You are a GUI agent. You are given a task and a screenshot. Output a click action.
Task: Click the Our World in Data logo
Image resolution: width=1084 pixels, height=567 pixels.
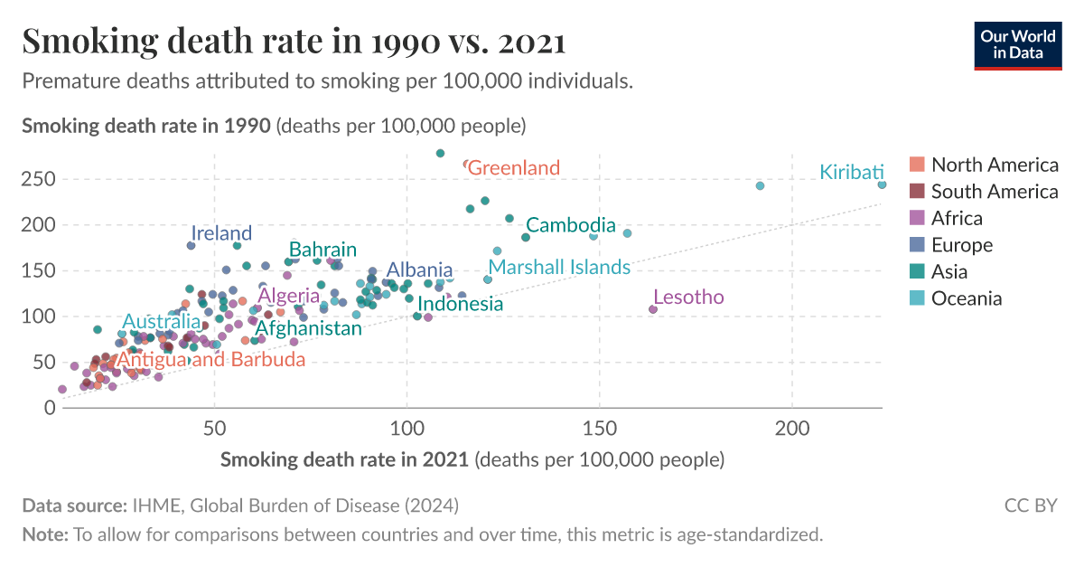[1018, 43]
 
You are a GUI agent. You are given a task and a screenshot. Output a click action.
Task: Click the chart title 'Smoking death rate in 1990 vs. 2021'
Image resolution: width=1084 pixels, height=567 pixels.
[294, 42]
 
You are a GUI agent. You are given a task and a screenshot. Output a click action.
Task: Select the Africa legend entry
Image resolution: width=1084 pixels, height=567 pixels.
[957, 218]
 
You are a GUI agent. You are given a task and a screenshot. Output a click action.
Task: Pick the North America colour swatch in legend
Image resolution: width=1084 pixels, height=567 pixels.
[917, 165]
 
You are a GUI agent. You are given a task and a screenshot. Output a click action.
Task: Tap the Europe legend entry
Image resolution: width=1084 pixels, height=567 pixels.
[961, 245]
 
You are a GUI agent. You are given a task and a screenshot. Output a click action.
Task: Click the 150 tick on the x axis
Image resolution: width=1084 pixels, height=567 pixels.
[599, 427]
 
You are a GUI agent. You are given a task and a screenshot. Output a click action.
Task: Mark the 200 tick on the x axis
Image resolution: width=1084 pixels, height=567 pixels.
[792, 427]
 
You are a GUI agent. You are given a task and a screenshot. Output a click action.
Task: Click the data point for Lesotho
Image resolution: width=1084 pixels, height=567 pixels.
[653, 309]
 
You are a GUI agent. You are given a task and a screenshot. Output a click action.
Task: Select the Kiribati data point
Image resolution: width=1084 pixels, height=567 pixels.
[882, 184]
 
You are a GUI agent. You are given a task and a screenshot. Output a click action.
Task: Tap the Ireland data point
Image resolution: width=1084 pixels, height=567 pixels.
[192, 246]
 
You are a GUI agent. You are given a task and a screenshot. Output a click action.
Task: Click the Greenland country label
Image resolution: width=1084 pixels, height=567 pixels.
[514, 168]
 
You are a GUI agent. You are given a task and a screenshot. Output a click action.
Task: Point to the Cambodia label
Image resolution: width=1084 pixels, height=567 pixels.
[570, 225]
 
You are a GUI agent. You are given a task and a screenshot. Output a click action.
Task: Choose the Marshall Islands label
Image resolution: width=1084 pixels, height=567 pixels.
[559, 268]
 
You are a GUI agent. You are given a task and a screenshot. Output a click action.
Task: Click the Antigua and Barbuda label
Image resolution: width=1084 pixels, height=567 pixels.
[211, 360]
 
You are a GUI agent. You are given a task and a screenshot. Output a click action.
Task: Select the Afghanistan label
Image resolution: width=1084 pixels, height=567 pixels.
[308, 329]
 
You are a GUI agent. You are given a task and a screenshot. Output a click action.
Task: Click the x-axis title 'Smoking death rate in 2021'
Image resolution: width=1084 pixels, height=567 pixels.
[344, 459]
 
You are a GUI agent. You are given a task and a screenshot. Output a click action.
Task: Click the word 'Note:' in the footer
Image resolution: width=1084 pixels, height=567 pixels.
[45, 534]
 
